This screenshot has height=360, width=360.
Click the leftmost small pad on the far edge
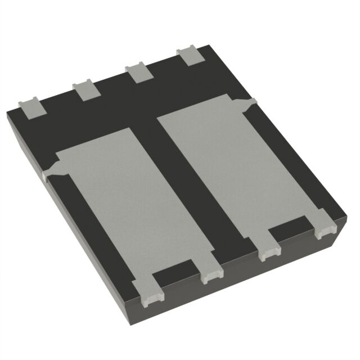(31, 108)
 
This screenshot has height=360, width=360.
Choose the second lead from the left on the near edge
(211, 273)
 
